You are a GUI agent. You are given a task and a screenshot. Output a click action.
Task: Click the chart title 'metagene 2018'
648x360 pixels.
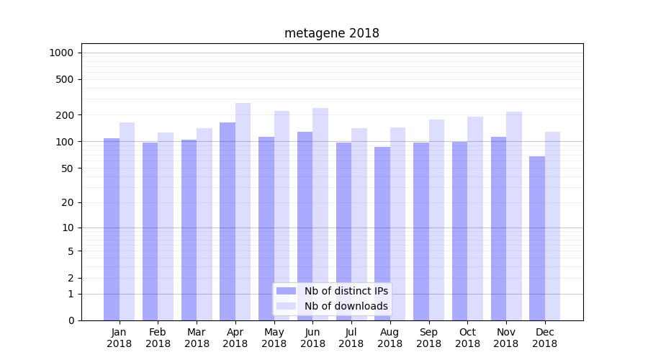click(x=331, y=33)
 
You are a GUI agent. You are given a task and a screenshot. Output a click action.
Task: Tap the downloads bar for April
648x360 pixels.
click(x=243, y=212)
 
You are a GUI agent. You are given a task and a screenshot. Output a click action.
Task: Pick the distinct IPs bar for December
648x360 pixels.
click(x=537, y=238)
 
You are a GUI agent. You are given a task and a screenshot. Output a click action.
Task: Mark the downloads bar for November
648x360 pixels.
click(x=513, y=216)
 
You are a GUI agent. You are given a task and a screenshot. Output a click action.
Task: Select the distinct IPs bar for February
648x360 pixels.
click(x=150, y=231)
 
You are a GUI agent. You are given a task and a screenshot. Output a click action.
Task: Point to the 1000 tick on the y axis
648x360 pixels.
click(x=61, y=53)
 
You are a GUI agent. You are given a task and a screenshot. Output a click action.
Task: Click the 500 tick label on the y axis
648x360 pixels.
click(x=65, y=79)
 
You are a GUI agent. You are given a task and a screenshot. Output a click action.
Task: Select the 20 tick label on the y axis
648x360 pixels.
click(x=68, y=202)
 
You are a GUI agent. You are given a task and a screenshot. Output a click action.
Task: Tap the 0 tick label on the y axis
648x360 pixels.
click(x=71, y=320)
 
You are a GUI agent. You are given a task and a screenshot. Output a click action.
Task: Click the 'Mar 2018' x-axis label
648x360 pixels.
click(x=197, y=338)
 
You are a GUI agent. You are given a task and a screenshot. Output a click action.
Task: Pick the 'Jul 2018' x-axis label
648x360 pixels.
click(x=351, y=338)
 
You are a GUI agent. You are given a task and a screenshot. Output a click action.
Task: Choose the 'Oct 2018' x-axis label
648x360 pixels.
click(x=467, y=338)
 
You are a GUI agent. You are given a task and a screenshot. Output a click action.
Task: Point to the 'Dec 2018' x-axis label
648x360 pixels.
click(x=545, y=338)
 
